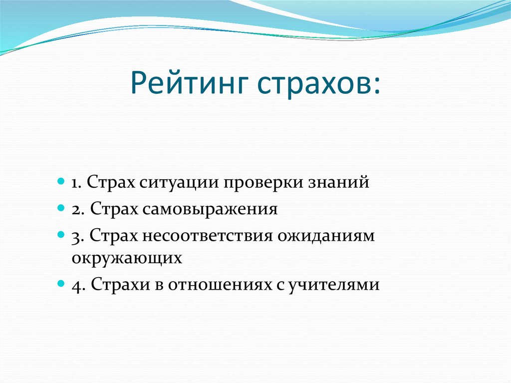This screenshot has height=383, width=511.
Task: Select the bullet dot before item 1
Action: click(60, 180)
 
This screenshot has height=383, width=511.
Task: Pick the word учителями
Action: click(334, 285)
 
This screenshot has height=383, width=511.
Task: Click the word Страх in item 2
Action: click(116, 209)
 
